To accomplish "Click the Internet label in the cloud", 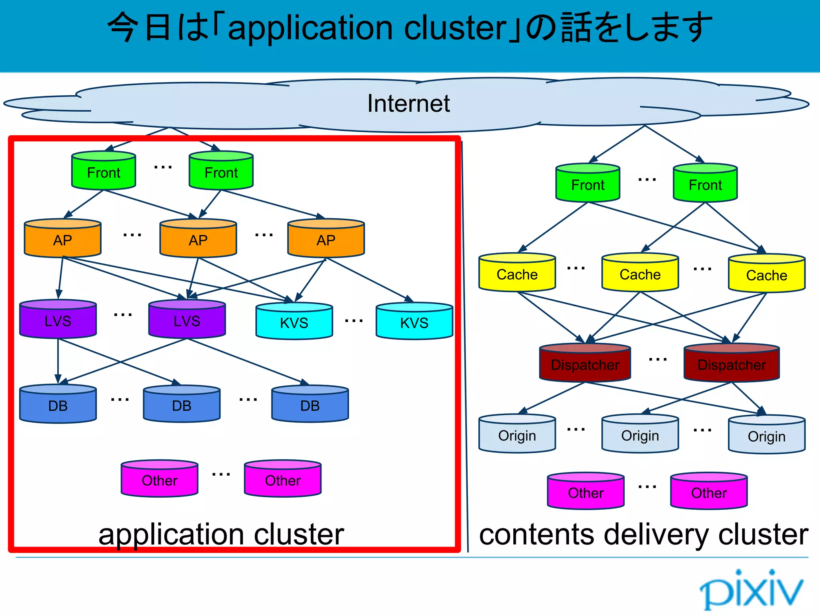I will point(408,104).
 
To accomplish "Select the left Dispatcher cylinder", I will point(585,363).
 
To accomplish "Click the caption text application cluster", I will point(221,535).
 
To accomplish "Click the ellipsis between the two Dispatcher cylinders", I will point(658,360).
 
